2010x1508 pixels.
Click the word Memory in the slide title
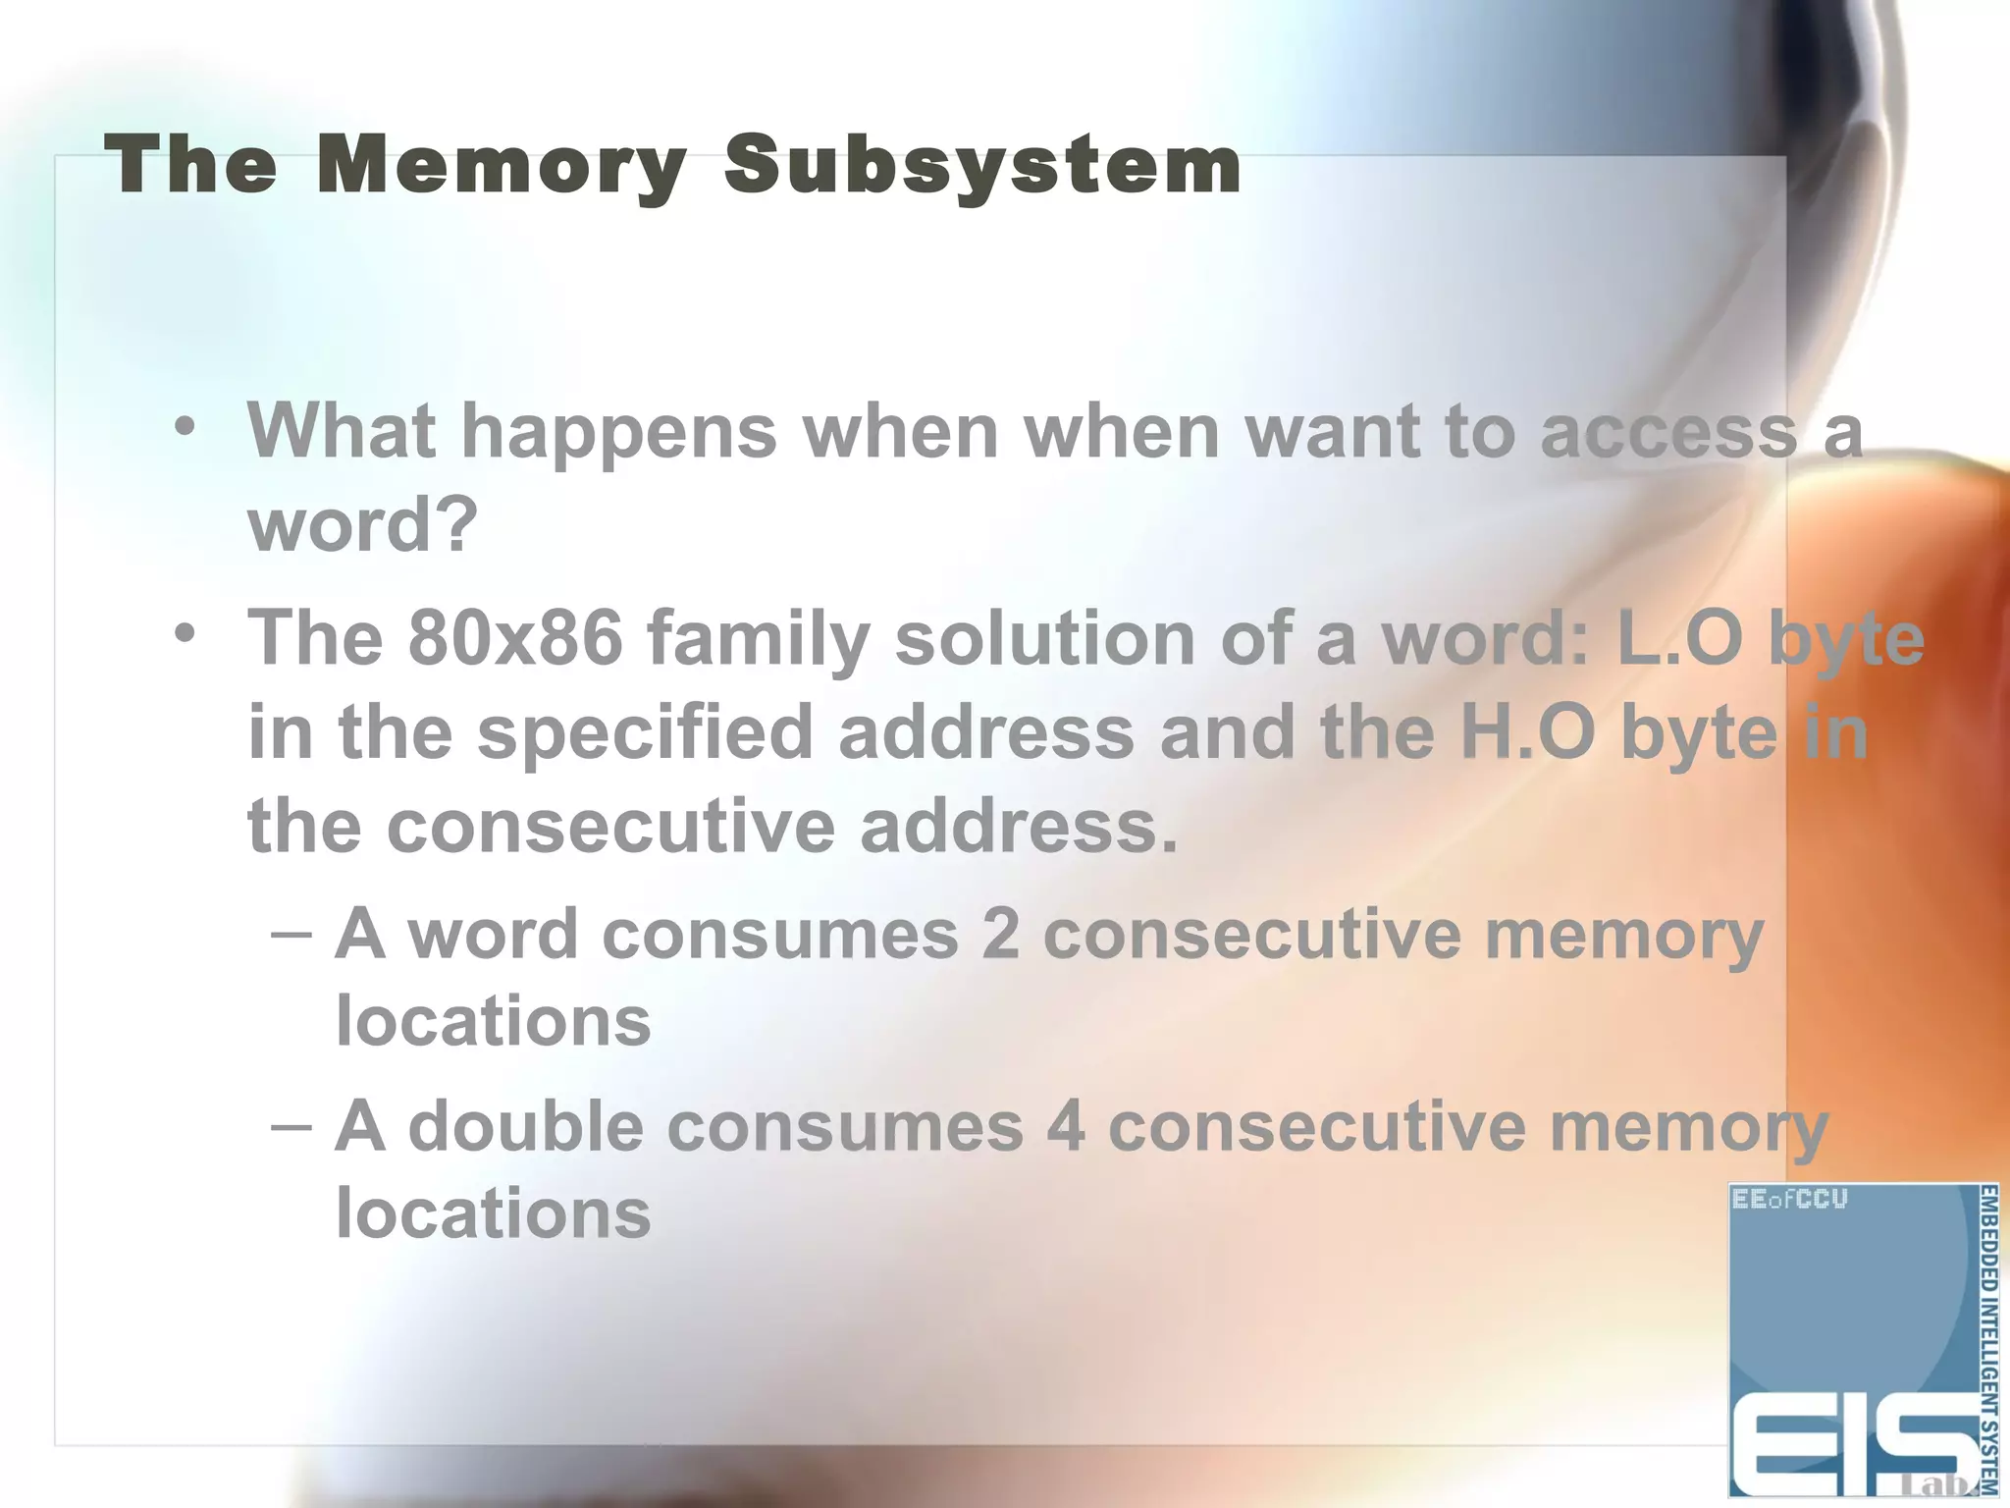click(x=502, y=166)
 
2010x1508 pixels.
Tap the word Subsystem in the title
click(x=982, y=166)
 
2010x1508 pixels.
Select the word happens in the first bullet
click(x=618, y=433)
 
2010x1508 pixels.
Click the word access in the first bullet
click(x=1667, y=433)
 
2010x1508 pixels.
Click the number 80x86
click(x=514, y=637)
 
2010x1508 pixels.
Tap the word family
click(x=757, y=639)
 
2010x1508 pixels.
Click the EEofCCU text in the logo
click(x=1789, y=1200)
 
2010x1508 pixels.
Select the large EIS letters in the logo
click(x=1845, y=1448)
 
